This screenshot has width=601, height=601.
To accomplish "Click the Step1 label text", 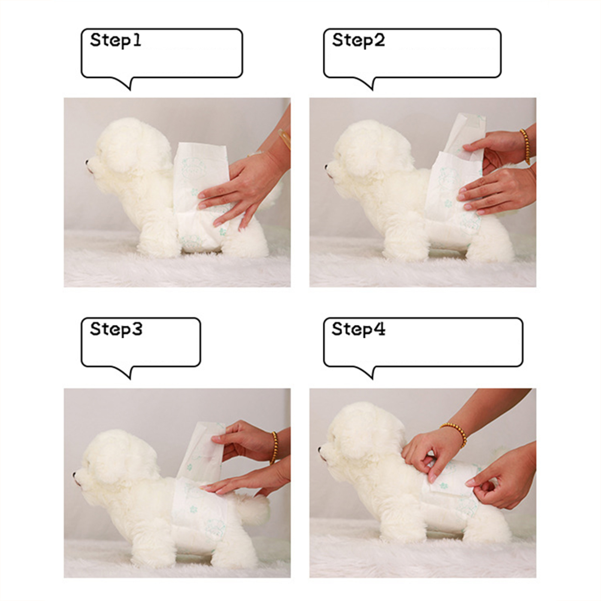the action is [x=116, y=40].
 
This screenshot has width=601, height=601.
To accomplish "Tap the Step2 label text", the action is [x=358, y=40].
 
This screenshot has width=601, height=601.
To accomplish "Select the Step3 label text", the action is [x=116, y=329].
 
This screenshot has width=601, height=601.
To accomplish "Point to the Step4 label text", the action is [x=358, y=329].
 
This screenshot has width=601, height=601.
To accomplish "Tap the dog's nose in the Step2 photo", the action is [x=328, y=165].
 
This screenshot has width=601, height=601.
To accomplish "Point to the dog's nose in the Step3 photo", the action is [x=75, y=475].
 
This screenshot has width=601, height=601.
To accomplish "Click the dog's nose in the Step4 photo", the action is [x=320, y=448].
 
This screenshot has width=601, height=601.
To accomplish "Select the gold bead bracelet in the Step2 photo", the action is [x=525, y=146].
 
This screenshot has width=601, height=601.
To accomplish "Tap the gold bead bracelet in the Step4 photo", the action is [x=455, y=433].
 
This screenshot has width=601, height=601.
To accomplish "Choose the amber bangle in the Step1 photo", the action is [x=285, y=139].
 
